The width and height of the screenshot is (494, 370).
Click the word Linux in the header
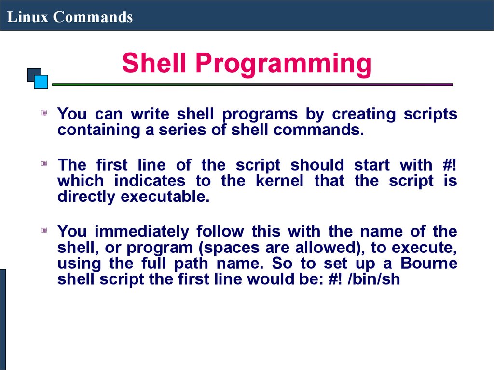click(27, 17)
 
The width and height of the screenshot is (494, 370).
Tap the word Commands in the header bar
click(93, 17)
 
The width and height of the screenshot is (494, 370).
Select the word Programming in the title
click(284, 64)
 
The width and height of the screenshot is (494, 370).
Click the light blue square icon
click(41, 81)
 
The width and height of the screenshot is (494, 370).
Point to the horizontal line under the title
click(252, 85)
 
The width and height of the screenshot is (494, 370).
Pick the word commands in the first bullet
click(318, 130)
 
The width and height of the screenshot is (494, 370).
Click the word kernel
click(279, 181)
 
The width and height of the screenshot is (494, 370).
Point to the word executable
click(165, 197)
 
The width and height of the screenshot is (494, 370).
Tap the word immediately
click(142, 232)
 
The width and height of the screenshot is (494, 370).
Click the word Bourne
click(429, 263)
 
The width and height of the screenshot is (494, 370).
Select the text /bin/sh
click(374, 279)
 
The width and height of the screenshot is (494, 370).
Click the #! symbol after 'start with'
click(449, 165)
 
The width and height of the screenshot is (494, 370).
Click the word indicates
click(150, 181)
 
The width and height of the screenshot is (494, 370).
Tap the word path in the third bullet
click(191, 264)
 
